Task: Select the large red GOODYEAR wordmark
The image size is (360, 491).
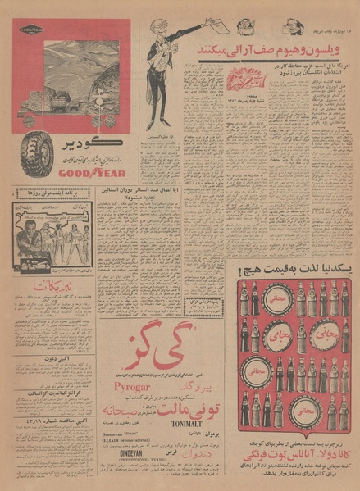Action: point(77,173)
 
